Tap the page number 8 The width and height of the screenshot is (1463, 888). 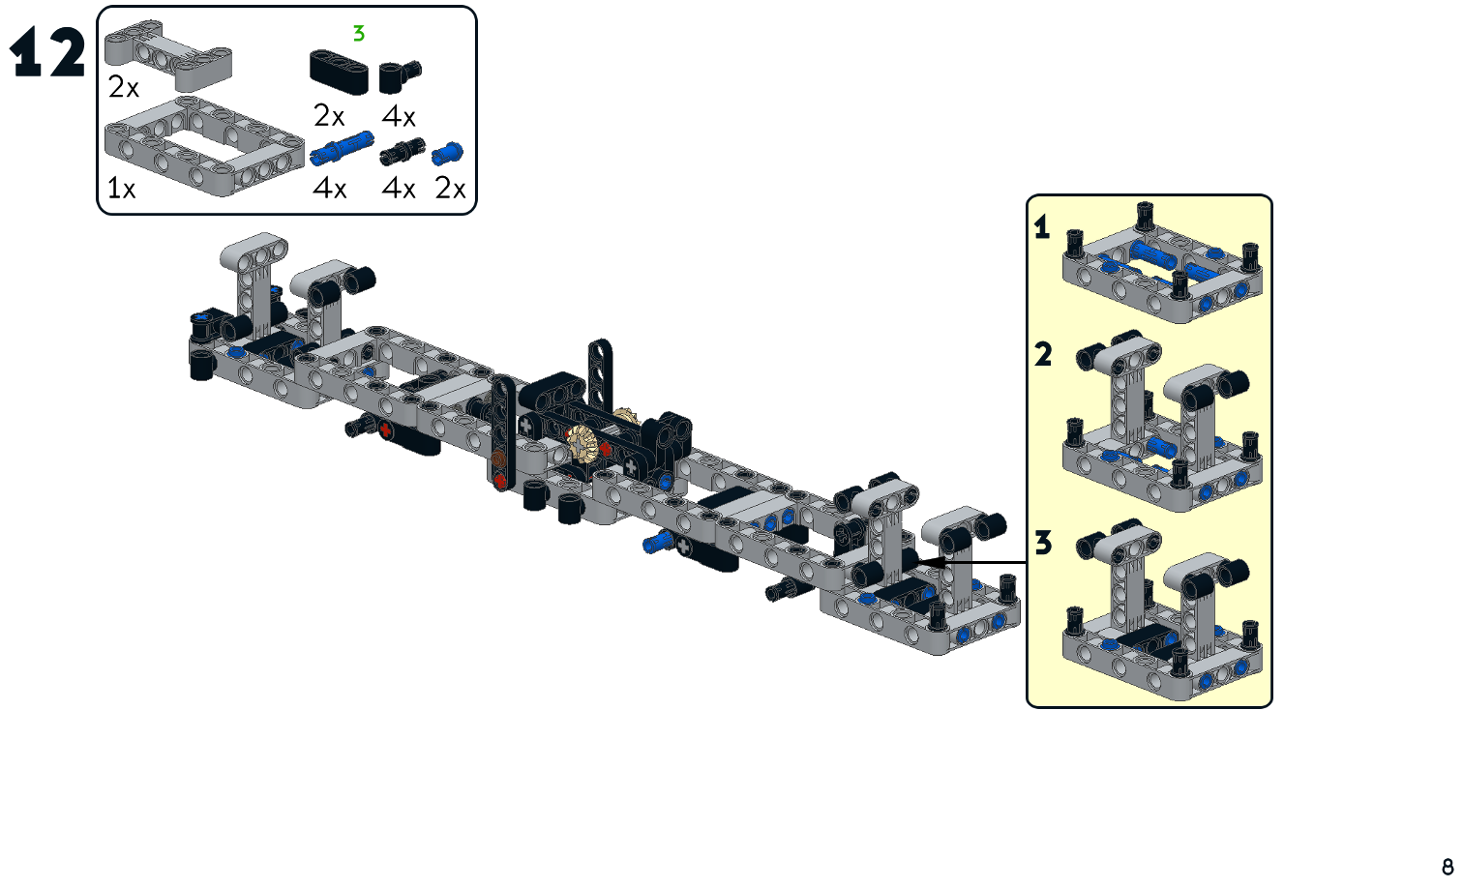coord(1448,867)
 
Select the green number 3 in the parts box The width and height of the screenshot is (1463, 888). coord(359,34)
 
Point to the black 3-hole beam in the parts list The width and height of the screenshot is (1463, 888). coord(339,72)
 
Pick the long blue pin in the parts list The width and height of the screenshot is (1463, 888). coord(342,148)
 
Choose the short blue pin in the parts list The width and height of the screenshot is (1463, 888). coord(448,153)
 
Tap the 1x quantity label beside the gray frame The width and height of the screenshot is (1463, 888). coord(121,189)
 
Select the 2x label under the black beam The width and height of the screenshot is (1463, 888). coord(329,117)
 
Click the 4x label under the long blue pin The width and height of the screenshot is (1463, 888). coord(329,189)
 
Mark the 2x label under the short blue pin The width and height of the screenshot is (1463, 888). coord(450,189)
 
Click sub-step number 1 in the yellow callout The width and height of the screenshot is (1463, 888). coord(1042,227)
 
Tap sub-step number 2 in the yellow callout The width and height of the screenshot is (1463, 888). coord(1042,354)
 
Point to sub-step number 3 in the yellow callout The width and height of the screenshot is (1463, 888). coord(1042,543)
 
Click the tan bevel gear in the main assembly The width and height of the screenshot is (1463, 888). coord(583,442)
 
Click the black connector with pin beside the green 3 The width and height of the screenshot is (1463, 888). coord(399,74)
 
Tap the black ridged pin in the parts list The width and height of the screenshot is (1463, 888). coord(402,152)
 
